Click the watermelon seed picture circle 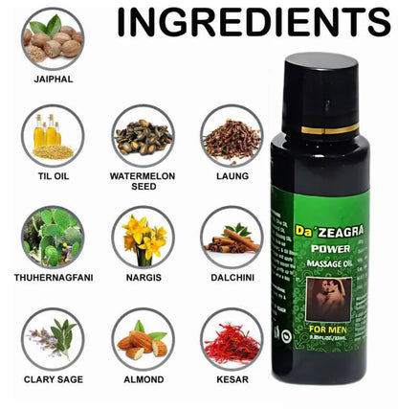(143, 135)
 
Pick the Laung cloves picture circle (232, 135)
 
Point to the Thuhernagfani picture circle (53, 237)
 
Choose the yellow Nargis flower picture (143, 237)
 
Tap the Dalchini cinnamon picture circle (232, 237)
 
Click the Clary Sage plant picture (53, 338)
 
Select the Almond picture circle (143, 338)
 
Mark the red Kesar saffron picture (232, 338)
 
